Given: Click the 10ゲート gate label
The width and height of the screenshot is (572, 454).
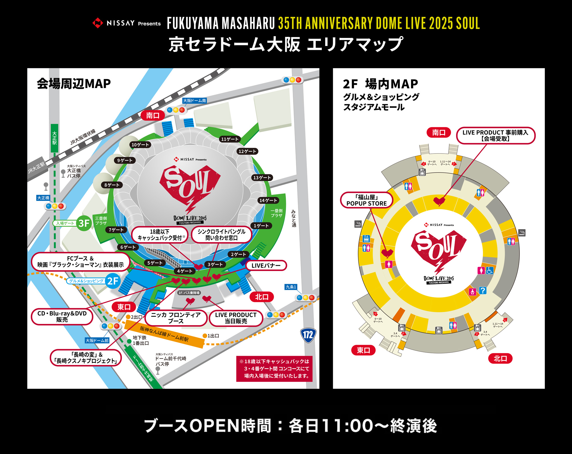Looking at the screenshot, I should [x=140, y=145].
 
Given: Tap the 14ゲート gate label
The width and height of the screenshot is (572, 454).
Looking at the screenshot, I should [x=268, y=201].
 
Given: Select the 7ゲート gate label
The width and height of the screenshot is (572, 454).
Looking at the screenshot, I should [x=116, y=230].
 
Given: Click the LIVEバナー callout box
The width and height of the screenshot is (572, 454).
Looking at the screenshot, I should [x=266, y=266].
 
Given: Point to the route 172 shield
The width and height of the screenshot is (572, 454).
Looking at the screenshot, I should [x=308, y=335].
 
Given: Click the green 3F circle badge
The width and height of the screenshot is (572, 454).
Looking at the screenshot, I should [x=84, y=223].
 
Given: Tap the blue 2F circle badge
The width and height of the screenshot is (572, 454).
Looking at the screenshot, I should [x=112, y=281].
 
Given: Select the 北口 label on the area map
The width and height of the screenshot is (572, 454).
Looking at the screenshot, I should [x=262, y=297].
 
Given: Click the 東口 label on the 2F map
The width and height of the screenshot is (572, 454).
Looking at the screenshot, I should [x=363, y=350].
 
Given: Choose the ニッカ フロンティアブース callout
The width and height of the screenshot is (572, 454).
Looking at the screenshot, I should [x=176, y=318].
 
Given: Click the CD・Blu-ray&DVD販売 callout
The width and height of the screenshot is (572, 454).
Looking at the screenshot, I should [x=62, y=317].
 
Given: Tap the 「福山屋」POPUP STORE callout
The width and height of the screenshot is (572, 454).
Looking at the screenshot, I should [x=366, y=200].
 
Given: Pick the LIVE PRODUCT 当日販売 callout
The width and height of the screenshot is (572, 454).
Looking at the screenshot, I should [x=236, y=318].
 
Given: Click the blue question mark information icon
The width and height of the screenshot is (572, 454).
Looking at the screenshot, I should [x=483, y=291].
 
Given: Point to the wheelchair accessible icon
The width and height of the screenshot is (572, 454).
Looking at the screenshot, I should [x=490, y=270].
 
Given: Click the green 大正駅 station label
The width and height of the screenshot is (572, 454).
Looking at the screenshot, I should [x=54, y=138].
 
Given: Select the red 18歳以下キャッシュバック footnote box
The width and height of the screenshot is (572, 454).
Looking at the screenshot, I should [x=274, y=369].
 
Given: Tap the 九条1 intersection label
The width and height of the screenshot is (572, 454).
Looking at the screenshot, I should [x=291, y=287].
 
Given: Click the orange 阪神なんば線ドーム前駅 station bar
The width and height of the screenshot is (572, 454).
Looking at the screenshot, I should [x=164, y=334].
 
